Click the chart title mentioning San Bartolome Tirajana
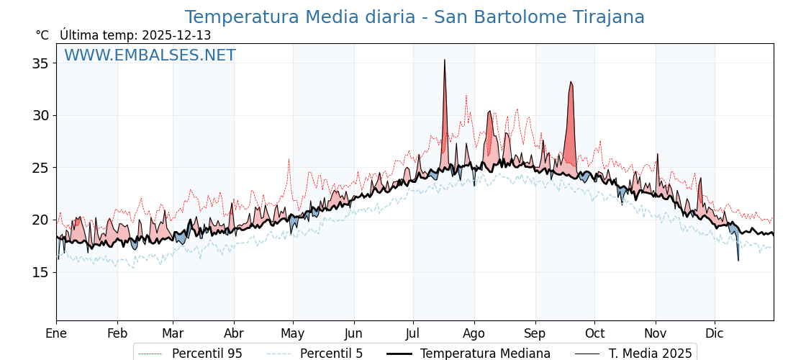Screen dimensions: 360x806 pos(415,17)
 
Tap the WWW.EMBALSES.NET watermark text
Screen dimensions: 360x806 pos(150,55)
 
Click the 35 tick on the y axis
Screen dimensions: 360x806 pos(40,63)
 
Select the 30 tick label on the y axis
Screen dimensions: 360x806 pos(40,115)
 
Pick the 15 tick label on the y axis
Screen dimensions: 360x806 pos(40,272)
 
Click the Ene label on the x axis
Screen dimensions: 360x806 pos(56,333)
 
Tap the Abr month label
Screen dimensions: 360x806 pos(234,333)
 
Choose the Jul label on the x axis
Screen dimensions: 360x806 pos(413,333)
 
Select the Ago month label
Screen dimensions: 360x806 pos(474,333)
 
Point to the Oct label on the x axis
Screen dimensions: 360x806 pos(594,333)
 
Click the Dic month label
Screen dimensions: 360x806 pos(715,333)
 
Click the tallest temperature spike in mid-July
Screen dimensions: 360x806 pos(445,60)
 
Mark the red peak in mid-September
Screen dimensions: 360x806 pos(571,83)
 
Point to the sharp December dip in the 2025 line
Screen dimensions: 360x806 pos(738,259)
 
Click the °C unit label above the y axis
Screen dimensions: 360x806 pos(42,35)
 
